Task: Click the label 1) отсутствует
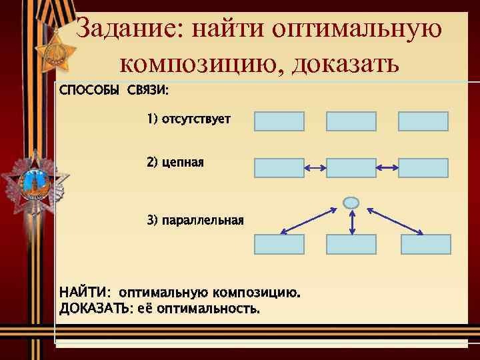[x=189, y=119]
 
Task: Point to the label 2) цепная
[x=175, y=162]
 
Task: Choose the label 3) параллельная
[x=195, y=220]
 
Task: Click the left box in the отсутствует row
[x=279, y=121]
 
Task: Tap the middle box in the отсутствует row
[x=351, y=121]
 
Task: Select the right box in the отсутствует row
[x=423, y=121]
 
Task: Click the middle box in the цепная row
[x=351, y=168]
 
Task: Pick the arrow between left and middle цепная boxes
[x=315, y=168]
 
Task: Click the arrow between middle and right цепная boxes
[x=387, y=168]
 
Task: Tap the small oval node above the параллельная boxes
[x=351, y=202]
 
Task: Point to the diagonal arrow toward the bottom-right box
[x=395, y=221]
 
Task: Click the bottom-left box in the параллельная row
[x=279, y=245]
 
